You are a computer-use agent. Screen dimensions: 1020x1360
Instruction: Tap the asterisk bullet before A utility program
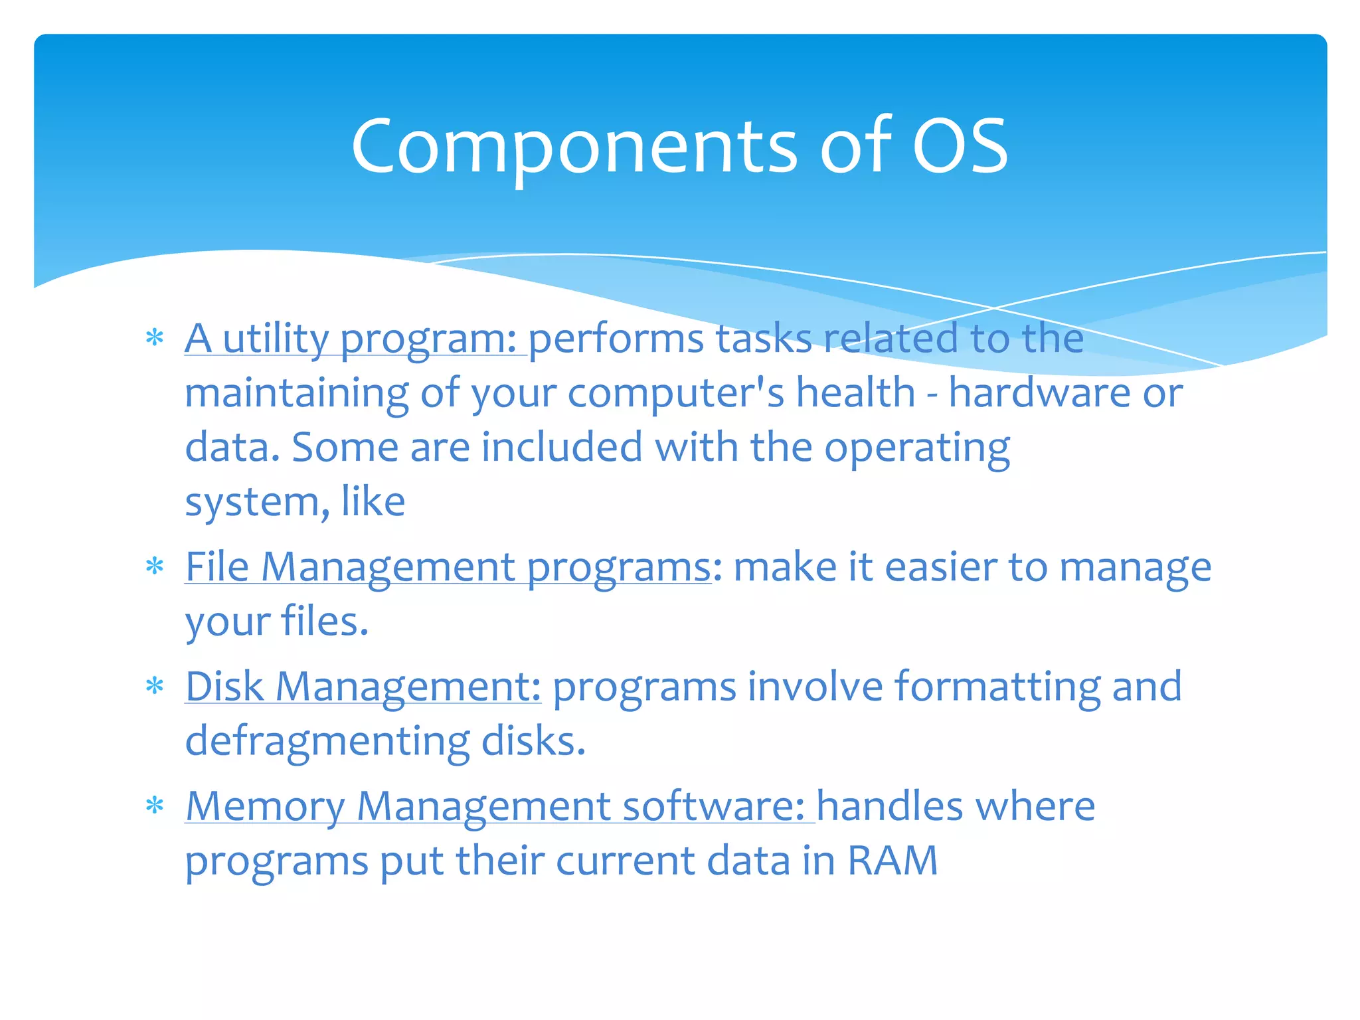(x=155, y=339)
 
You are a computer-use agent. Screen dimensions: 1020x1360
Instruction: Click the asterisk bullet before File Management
(x=155, y=567)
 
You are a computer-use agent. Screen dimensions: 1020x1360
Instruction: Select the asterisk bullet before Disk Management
(x=155, y=686)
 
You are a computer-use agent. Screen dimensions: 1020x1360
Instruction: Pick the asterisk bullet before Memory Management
(x=155, y=806)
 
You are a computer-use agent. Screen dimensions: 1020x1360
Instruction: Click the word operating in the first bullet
(x=917, y=449)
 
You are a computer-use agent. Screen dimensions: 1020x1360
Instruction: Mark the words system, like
(x=295, y=502)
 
